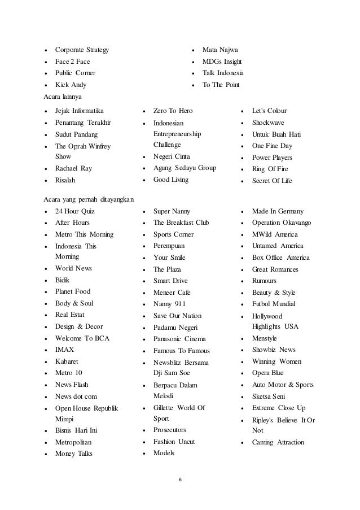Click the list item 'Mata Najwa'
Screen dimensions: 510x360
point(220,50)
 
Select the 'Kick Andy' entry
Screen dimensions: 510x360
point(71,85)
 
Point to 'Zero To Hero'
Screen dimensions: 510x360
point(173,111)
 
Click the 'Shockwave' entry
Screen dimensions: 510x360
point(268,123)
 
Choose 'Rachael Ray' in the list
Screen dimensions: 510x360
point(73,168)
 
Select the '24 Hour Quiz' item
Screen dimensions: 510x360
point(75,211)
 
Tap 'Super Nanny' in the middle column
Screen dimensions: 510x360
point(172,211)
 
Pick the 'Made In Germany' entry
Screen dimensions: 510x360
point(278,211)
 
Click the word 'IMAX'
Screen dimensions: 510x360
point(64,350)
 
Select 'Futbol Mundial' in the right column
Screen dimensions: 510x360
point(276,304)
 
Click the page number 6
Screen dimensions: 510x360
point(179,480)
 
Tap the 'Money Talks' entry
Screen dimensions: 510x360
point(74,454)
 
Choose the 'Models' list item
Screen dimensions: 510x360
point(164,454)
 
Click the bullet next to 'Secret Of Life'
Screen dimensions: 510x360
point(242,181)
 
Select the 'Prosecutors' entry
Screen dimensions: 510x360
point(169,430)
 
